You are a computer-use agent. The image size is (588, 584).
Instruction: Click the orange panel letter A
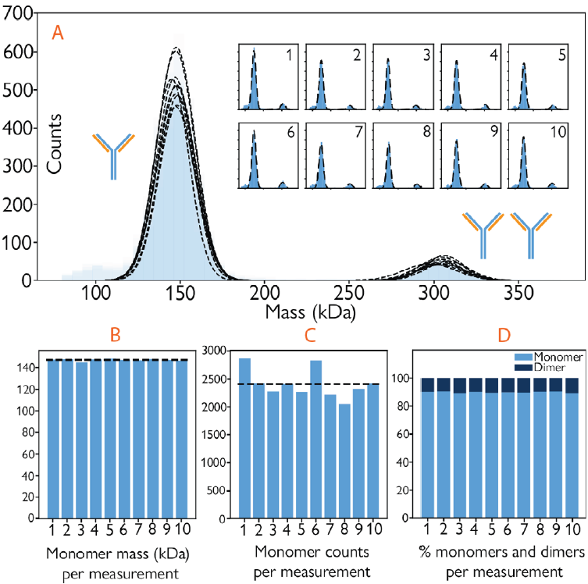pyautogui.click(x=56, y=32)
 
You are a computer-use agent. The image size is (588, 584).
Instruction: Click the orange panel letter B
pyautogui.click(x=115, y=336)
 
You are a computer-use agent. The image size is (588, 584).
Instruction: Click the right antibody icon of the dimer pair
pyautogui.click(x=531, y=233)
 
